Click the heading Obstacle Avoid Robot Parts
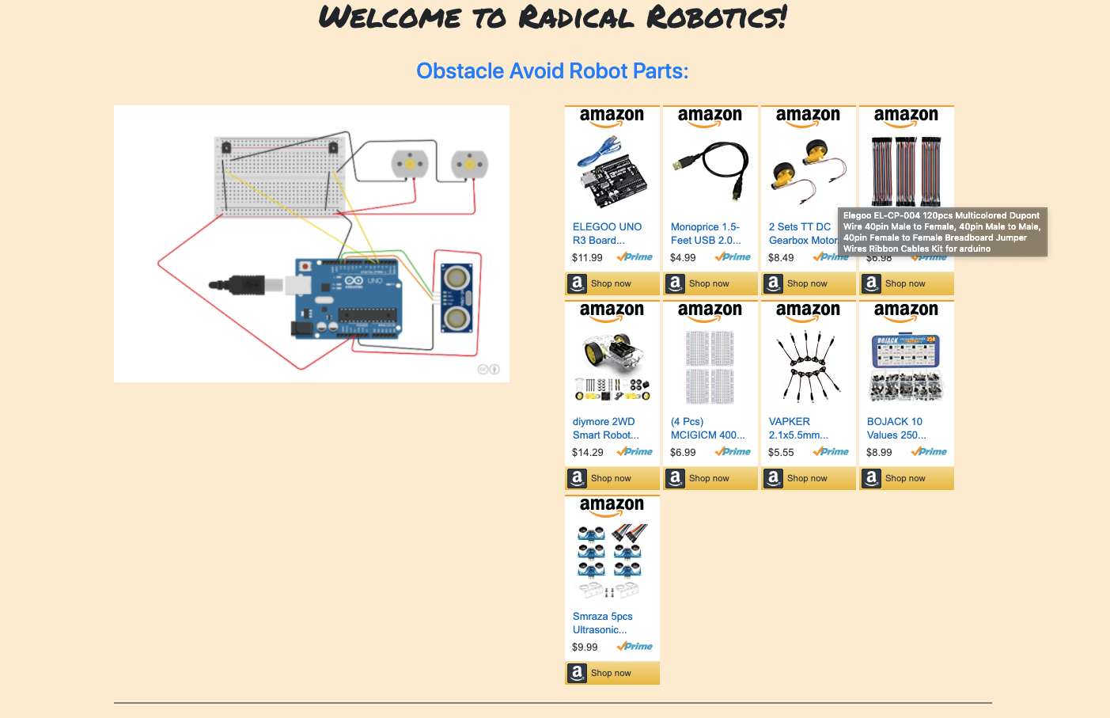pos(552,71)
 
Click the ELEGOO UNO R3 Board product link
pos(607,234)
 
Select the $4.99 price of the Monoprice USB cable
pos(683,257)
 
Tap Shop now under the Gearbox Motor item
pos(808,283)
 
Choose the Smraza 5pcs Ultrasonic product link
pos(602,623)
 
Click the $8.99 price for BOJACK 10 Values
pos(879,452)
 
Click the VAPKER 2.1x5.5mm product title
pos(798,428)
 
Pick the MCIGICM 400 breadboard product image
pos(710,367)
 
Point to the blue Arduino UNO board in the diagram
pos(347,298)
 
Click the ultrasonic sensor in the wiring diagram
pos(457,298)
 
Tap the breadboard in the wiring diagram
pos(280,176)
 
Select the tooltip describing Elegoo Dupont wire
pos(941,232)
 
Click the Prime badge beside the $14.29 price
pos(635,452)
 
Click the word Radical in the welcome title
pos(576,17)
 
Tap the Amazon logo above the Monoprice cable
pos(710,116)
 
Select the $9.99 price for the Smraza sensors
pos(585,647)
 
